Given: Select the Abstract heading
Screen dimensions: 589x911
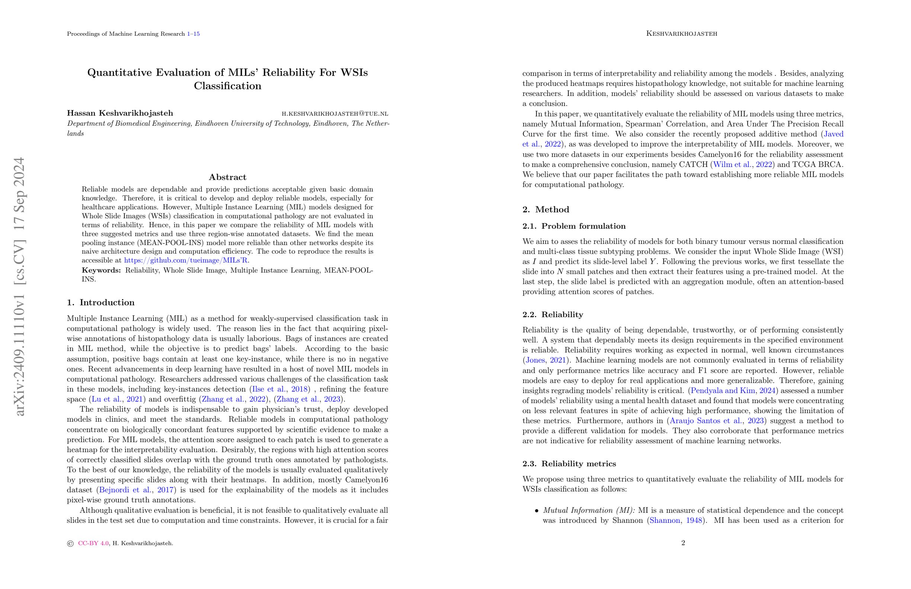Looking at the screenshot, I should point(227,177).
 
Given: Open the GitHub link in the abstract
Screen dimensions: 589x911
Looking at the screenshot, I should point(186,260).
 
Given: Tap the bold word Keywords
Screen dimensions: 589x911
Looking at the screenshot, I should point(101,270).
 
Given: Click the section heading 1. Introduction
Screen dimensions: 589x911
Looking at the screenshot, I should point(101,303).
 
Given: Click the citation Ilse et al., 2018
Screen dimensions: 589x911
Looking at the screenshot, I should point(280,389).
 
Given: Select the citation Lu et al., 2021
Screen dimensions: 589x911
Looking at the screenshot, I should point(117,399).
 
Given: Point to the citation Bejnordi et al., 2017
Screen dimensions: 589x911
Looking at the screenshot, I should point(137,490).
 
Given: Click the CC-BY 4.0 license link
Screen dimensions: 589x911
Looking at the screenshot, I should point(93,544).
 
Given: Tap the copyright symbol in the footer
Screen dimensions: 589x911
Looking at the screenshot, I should point(70,544).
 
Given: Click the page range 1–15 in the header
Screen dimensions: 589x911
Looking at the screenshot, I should point(193,34).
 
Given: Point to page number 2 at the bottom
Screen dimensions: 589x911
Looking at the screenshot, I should point(683,543).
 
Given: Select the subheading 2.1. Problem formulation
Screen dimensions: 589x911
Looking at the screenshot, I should point(574,226).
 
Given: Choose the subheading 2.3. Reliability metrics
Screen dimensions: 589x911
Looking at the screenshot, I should point(569,464).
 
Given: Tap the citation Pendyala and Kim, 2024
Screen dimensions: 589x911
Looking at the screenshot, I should point(733,390).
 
